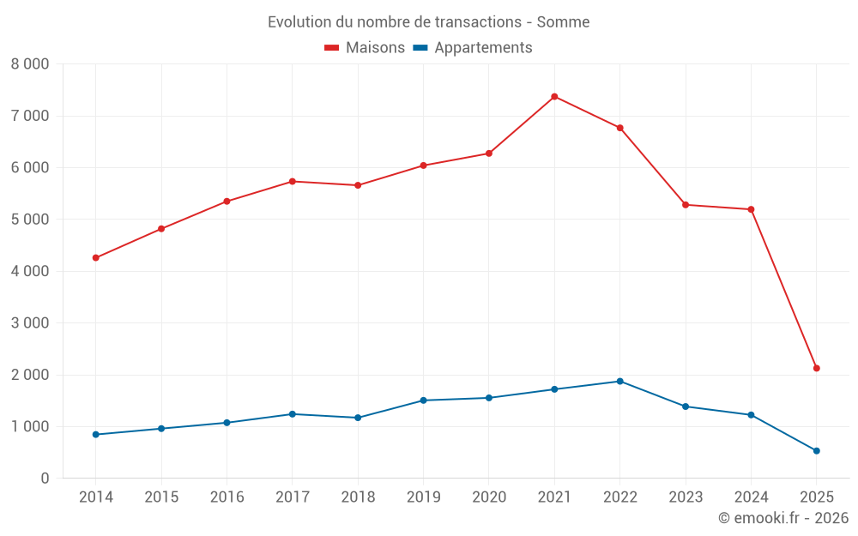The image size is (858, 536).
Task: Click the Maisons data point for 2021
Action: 554,96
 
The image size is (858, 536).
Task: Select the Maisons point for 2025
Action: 817,368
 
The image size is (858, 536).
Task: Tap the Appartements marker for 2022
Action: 619,381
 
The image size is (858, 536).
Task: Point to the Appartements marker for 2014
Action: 95,434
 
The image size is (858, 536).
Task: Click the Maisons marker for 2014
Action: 95,257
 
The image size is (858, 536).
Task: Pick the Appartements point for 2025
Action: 817,450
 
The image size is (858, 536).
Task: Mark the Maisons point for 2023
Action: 686,204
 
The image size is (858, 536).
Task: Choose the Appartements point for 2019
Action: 423,400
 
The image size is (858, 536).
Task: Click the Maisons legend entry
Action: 365,48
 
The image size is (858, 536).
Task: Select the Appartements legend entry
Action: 473,48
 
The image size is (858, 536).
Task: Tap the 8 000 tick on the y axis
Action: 30,64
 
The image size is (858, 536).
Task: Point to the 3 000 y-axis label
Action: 30,323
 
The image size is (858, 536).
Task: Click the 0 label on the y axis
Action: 45,479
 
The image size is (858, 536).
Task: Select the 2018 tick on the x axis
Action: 358,497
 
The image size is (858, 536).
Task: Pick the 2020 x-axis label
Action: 489,497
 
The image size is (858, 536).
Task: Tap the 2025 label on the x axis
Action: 817,497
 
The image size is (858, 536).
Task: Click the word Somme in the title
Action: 563,22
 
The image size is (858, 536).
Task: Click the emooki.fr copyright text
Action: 782,518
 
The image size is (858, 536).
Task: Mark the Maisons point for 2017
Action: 292,181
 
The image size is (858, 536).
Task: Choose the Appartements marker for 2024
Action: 751,414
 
